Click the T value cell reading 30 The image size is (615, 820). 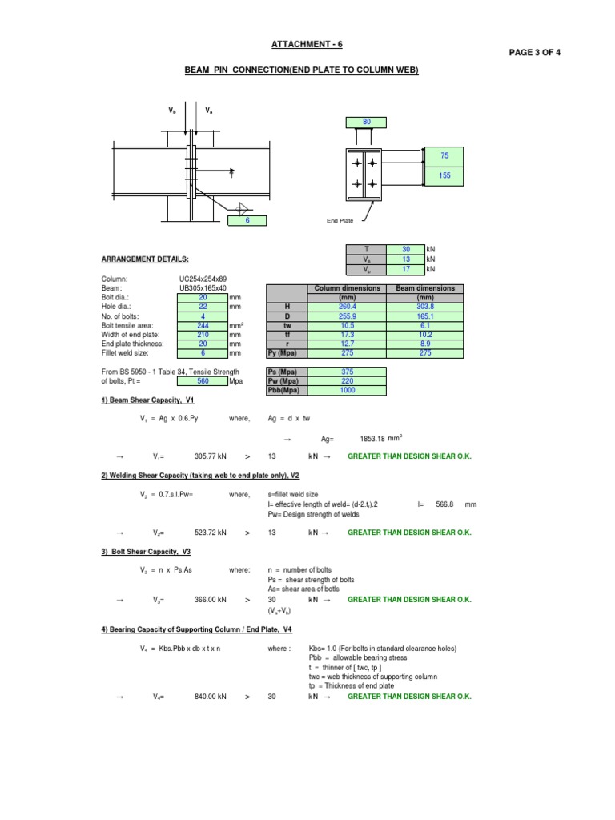point(405,250)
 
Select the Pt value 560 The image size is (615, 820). point(203,381)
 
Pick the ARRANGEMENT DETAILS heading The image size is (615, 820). point(145,259)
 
